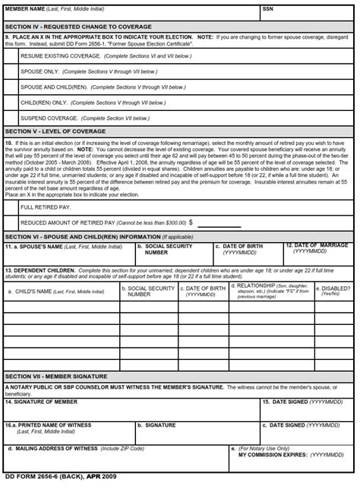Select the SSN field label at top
coord(267,8)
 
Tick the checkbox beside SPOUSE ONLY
coord(11,72)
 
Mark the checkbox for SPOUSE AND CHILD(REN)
coord(11,87)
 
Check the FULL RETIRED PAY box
coord(11,206)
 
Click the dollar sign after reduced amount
coord(191,222)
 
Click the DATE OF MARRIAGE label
coord(319,245)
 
